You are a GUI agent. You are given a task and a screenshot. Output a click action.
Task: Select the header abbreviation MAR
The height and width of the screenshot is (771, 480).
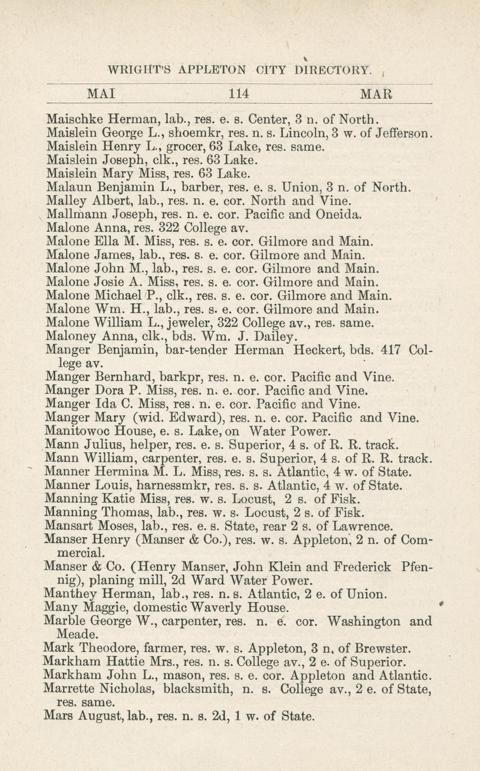(x=376, y=93)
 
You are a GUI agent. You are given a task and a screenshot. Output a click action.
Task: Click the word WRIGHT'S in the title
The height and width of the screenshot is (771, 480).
(x=139, y=69)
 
